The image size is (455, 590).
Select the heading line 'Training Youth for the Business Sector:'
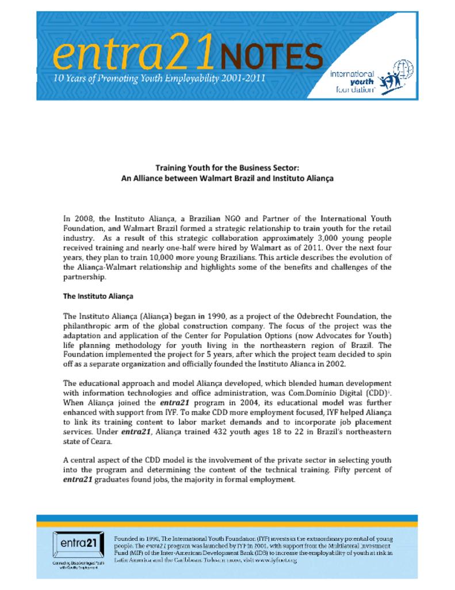tap(227, 168)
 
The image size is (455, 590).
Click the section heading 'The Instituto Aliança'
tap(98, 296)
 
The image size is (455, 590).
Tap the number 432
tap(237, 432)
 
